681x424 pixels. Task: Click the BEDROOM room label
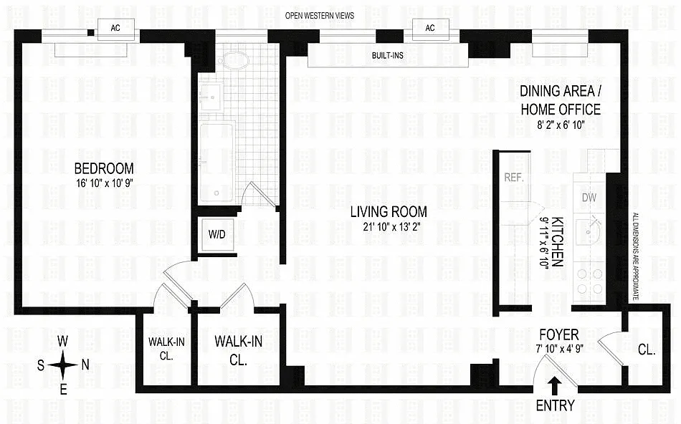[104, 168]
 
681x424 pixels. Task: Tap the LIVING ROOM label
[389, 212]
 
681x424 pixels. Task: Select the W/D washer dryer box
[217, 235]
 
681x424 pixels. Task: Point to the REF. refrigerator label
[514, 178]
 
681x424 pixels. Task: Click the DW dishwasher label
[589, 198]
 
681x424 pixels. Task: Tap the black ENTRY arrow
[554, 385]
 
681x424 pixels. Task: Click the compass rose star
[63, 365]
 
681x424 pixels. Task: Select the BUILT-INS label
[387, 56]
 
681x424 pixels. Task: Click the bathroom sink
[212, 97]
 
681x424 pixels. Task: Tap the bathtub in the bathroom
[216, 161]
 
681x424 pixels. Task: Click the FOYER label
[559, 334]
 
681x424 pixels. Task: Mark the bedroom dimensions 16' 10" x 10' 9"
[104, 183]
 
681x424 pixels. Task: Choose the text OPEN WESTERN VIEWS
[319, 16]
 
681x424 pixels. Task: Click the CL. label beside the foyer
[647, 350]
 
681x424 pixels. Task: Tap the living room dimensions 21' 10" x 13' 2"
[389, 226]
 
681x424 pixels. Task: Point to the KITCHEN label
[557, 242]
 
